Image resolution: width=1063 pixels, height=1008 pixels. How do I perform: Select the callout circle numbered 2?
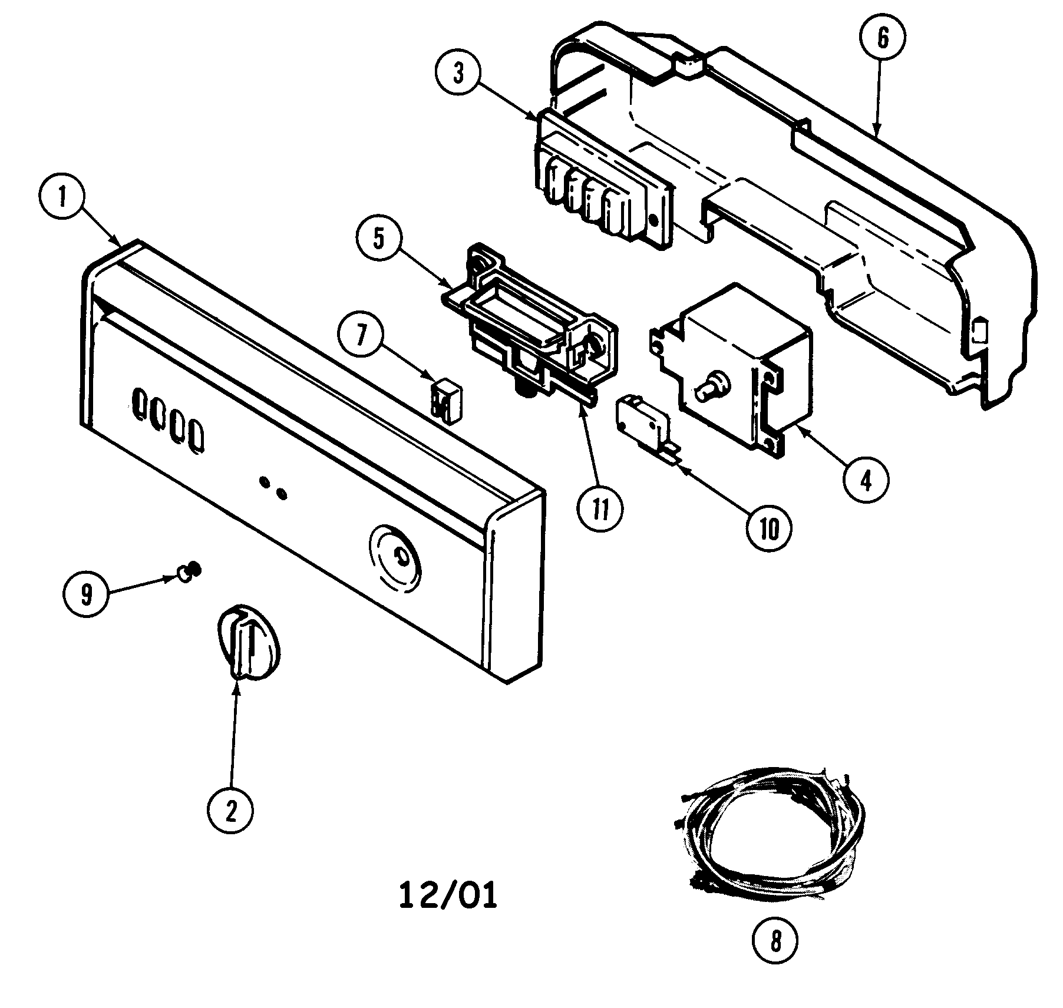[x=230, y=812]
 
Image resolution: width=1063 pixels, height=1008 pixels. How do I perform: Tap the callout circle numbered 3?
[x=458, y=74]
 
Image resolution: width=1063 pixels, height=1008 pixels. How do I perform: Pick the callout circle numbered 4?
[x=865, y=481]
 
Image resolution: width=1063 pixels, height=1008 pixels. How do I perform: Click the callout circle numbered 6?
[x=882, y=39]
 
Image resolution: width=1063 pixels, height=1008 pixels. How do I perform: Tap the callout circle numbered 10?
[x=769, y=530]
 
